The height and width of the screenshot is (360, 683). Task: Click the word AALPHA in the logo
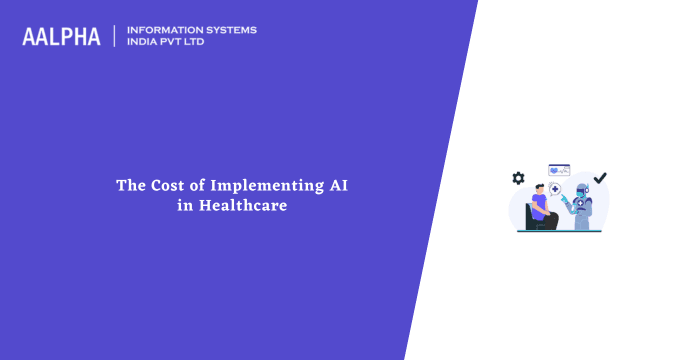pos(61,37)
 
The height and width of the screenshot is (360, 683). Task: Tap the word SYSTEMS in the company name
pos(229,30)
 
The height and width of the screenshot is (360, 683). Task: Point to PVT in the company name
pos(179,43)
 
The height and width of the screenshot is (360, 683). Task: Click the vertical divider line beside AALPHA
pos(115,36)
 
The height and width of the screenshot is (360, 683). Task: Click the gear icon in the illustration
pos(518,178)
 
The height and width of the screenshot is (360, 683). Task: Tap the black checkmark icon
pos(600,179)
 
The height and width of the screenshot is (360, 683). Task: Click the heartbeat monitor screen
pos(558,170)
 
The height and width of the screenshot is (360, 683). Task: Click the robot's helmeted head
pos(582,191)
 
